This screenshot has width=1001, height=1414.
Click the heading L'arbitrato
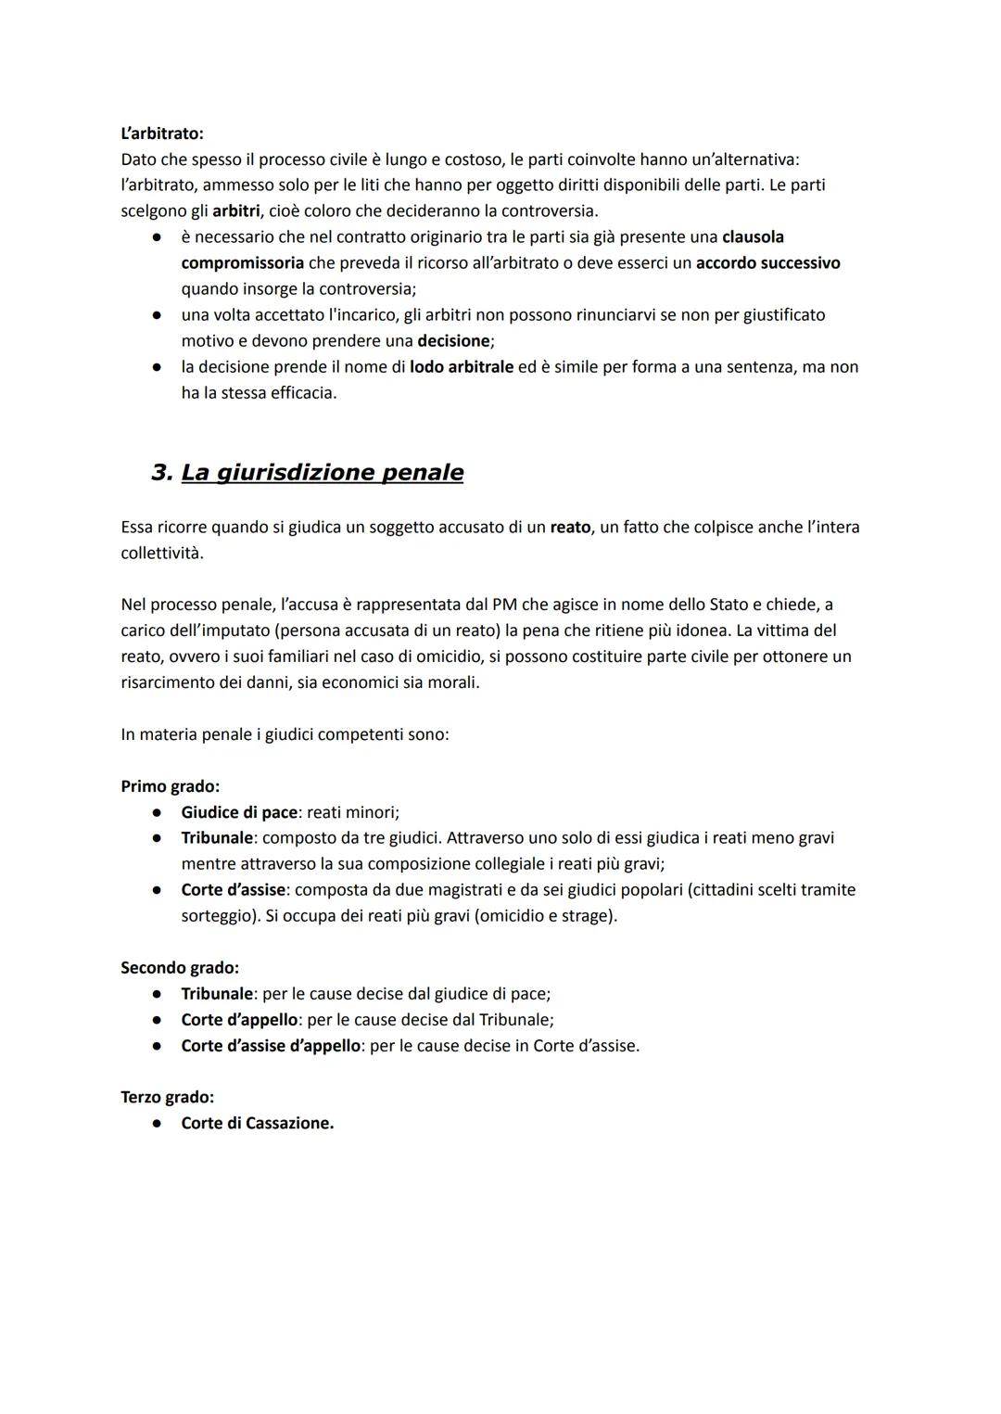point(162,134)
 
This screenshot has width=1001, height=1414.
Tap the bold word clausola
point(753,237)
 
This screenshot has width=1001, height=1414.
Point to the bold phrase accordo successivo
point(767,263)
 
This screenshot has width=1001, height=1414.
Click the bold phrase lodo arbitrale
point(461,367)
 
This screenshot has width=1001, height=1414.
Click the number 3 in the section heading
point(161,473)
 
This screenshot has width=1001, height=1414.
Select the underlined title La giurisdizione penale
point(322,473)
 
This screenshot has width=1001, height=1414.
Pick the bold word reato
point(570,528)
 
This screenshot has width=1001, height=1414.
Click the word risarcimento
point(170,682)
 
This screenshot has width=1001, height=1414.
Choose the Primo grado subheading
point(170,786)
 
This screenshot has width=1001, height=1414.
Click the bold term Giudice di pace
point(239,812)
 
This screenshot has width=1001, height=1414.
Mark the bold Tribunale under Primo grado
point(217,838)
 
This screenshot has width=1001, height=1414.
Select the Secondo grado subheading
point(180,968)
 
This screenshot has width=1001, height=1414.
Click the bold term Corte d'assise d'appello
point(271,1046)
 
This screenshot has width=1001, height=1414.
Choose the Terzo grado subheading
point(167,1098)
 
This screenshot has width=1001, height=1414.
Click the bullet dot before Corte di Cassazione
point(158,1124)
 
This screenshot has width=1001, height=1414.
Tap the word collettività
point(162,554)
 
